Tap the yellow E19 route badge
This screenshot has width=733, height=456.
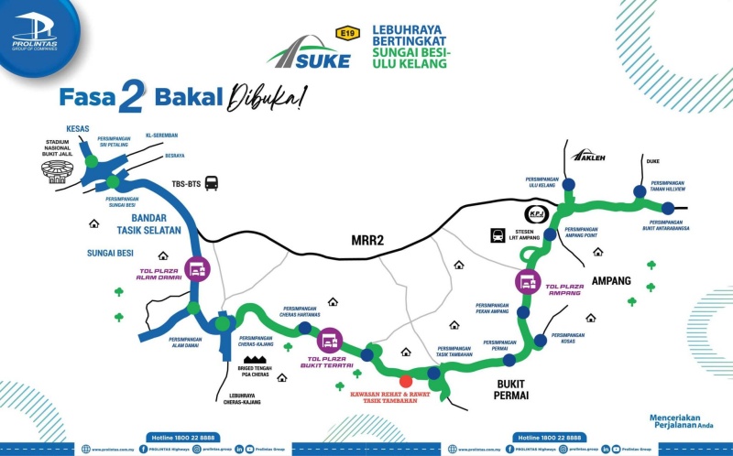pos(347,34)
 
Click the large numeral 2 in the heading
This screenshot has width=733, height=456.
pos(132,98)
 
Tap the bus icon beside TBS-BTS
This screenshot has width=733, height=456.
pos(212,183)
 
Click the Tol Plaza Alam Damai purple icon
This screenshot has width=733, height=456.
pos(197,269)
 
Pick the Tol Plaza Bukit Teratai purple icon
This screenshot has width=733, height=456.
pos(330,341)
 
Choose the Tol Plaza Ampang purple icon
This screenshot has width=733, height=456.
pos(527,282)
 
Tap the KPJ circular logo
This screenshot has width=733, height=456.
pos(536,214)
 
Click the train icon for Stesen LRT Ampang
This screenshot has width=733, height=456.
pos(498,234)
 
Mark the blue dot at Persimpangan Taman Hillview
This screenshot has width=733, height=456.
pos(640,190)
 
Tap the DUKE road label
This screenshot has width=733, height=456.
pos(652,162)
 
